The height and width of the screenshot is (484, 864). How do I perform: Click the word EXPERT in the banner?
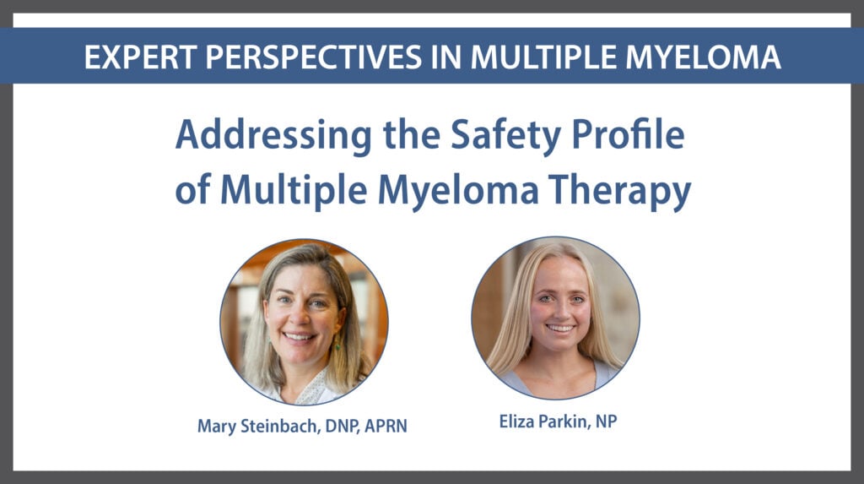140,57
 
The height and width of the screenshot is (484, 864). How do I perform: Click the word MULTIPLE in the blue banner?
543,57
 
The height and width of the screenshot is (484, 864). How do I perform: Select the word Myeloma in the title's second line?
458,191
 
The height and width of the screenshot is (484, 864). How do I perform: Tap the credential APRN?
386,426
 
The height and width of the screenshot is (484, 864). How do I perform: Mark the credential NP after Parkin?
606,421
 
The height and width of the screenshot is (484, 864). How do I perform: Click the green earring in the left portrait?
337,345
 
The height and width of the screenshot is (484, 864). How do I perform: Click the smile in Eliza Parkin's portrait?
560,328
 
